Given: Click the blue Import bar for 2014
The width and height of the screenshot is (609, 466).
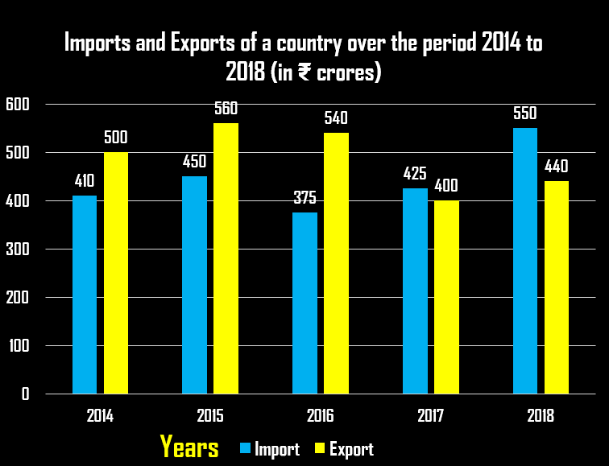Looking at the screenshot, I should (x=85, y=295).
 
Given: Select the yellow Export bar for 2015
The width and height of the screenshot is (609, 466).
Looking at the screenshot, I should (x=226, y=258).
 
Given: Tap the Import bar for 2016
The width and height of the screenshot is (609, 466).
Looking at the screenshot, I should (x=304, y=303).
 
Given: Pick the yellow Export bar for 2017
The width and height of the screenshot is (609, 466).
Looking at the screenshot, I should (x=446, y=297).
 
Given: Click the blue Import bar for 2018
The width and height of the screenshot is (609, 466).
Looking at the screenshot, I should (x=525, y=261).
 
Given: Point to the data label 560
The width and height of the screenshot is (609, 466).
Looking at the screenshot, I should (x=226, y=109).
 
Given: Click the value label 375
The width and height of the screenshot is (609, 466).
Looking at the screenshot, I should (x=304, y=197).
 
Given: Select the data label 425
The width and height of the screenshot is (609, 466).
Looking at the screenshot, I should (x=415, y=173).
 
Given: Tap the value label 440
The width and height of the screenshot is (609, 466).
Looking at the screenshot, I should (x=556, y=167).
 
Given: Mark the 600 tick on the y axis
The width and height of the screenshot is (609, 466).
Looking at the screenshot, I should (x=17, y=104).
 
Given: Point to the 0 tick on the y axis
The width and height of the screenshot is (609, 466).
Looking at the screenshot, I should (x=25, y=394).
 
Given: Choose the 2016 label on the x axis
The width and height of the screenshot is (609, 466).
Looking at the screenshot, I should (x=321, y=417).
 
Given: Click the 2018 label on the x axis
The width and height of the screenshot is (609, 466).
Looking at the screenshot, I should (x=541, y=417).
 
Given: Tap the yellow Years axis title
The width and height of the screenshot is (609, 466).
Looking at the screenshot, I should (x=188, y=447).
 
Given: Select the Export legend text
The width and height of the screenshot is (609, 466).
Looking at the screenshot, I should (x=351, y=449).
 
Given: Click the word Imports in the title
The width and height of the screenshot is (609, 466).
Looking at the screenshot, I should (x=97, y=43).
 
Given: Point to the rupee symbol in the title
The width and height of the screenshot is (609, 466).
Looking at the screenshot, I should (x=304, y=73).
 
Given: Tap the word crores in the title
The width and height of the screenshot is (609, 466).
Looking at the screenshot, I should (x=346, y=73).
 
